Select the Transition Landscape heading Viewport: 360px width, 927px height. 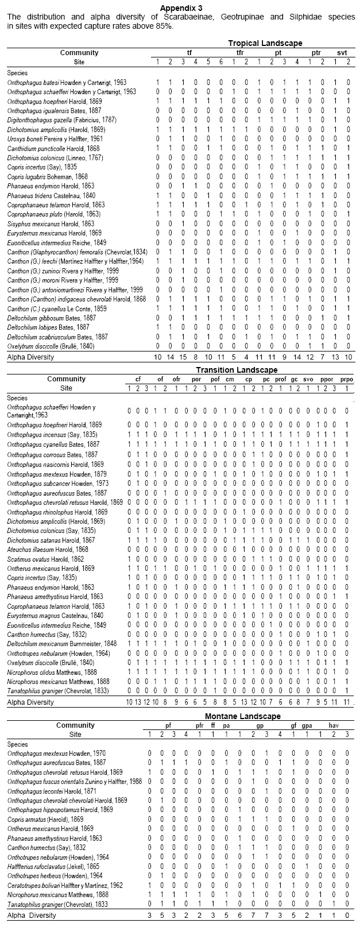(237, 370)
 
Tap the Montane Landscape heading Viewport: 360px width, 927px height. (243, 716)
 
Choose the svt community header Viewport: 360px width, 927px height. (342, 52)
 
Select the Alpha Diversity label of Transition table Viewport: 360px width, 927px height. (30, 702)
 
